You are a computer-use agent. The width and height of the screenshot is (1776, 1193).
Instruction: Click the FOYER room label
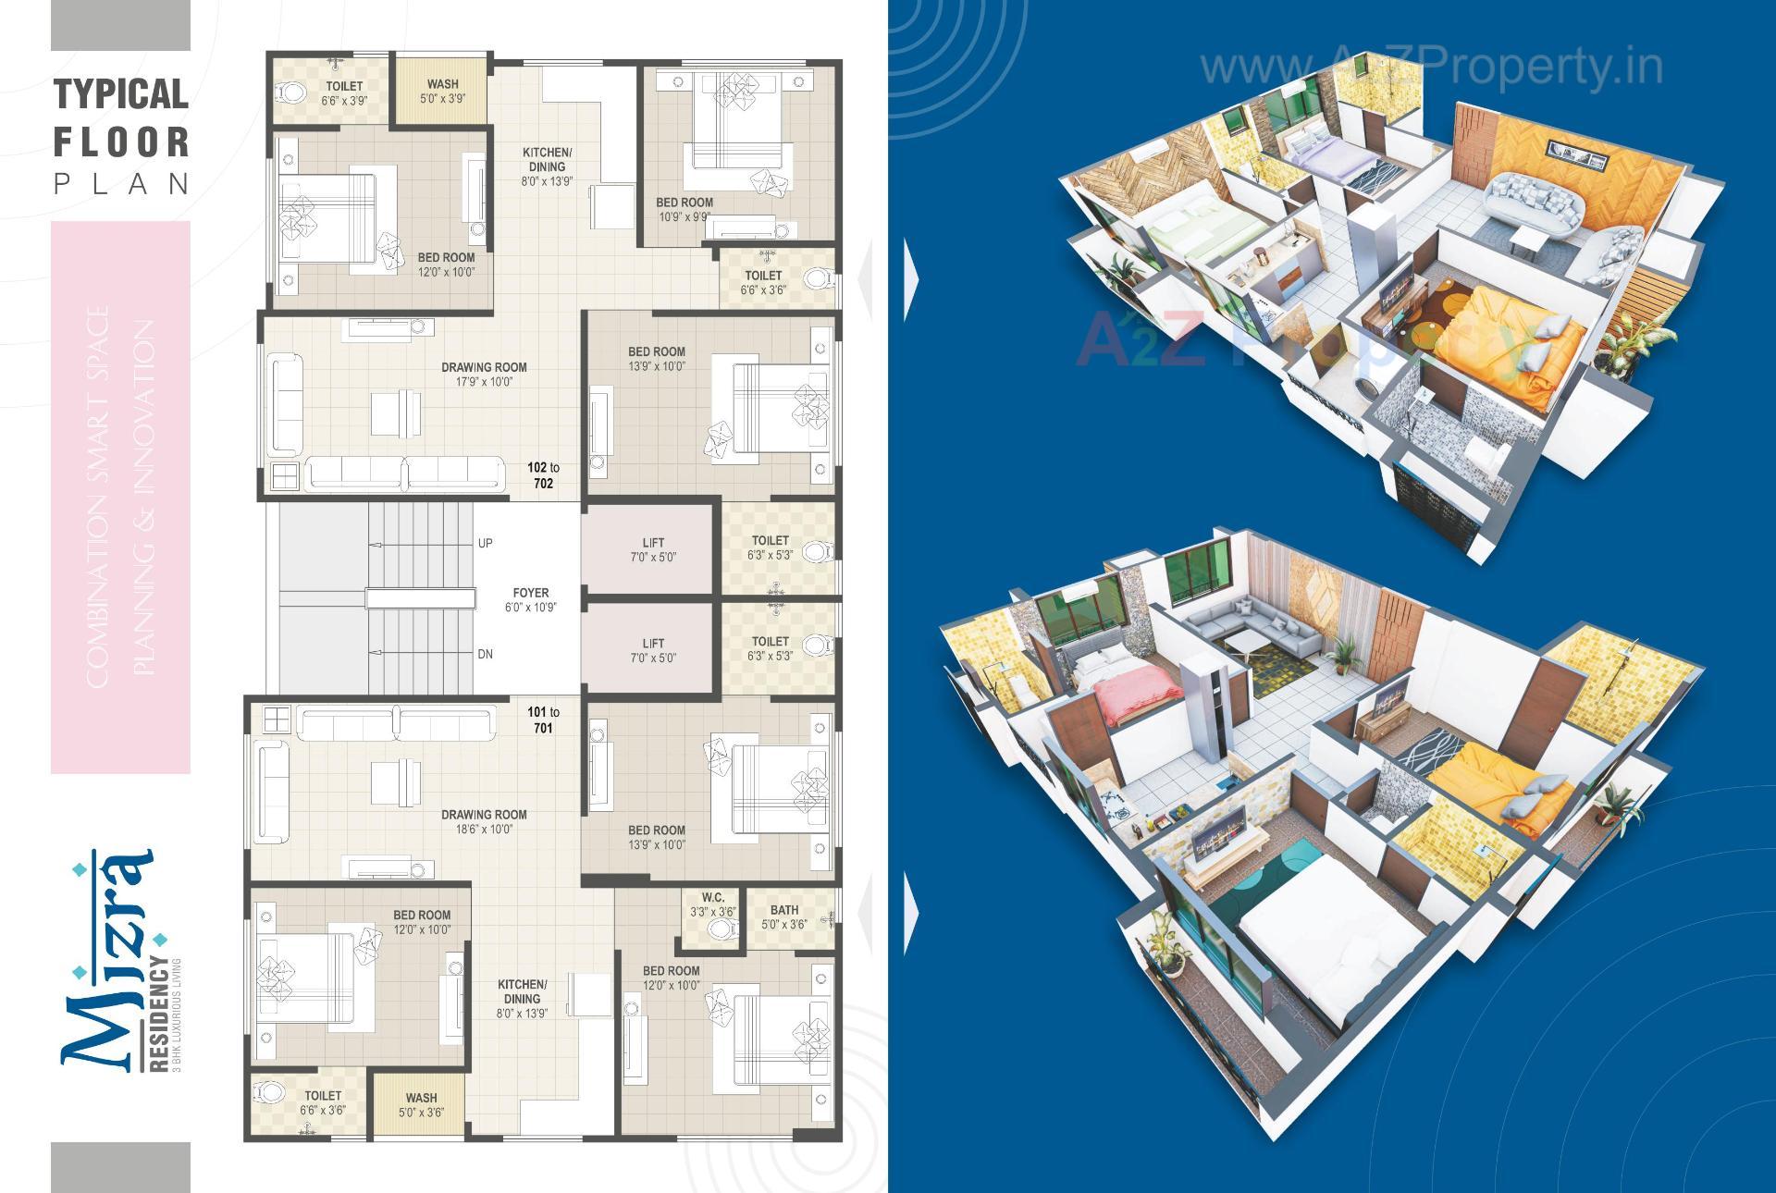click(x=531, y=600)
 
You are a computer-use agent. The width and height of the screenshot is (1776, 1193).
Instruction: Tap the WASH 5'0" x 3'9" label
click(x=442, y=91)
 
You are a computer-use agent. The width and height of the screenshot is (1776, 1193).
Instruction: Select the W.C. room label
click(x=712, y=904)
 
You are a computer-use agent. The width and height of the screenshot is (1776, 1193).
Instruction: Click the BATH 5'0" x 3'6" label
click(x=784, y=916)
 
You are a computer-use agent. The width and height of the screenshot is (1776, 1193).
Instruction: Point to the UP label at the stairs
click(x=486, y=544)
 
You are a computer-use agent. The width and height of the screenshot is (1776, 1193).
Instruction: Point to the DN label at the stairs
click(x=486, y=654)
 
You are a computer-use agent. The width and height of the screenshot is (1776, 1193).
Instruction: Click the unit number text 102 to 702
click(x=543, y=475)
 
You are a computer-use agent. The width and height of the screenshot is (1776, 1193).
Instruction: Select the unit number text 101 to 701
click(x=543, y=719)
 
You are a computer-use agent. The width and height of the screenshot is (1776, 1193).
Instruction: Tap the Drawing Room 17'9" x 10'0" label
click(x=484, y=374)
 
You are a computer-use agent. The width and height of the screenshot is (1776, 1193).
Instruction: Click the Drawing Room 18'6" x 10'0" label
click(x=484, y=821)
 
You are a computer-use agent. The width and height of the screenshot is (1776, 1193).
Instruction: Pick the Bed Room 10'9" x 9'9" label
click(x=684, y=209)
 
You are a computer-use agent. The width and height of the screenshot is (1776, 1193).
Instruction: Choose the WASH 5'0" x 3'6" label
click(x=421, y=1104)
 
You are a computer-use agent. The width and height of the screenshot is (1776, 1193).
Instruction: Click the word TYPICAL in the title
click(x=121, y=94)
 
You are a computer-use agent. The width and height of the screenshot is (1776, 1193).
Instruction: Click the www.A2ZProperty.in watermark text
click(x=1431, y=67)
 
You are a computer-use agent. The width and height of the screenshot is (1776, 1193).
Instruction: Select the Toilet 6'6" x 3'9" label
click(x=344, y=92)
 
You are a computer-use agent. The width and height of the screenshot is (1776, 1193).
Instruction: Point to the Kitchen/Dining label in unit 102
click(x=547, y=166)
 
